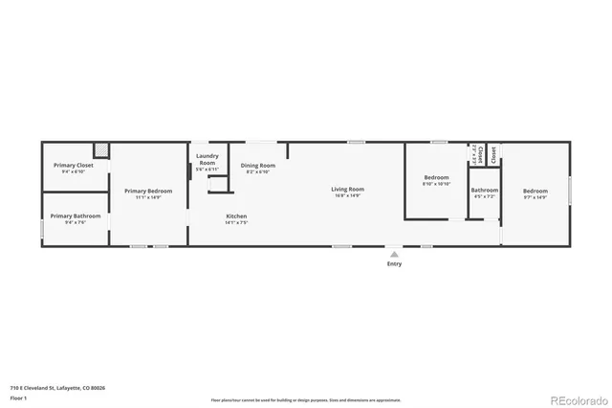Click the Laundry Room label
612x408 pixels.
tap(208, 159)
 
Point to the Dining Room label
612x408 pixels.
tap(257, 166)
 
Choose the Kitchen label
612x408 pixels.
tap(236, 215)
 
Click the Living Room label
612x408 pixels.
tap(347, 189)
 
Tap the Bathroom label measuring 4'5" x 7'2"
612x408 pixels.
tap(484, 190)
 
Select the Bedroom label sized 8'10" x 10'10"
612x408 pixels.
tap(436, 177)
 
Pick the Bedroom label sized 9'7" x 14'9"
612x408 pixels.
tap(535, 191)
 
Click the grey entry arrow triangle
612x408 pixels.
tap(394, 255)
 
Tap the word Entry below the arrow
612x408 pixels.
tap(394, 264)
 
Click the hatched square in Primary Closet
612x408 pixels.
tap(100, 150)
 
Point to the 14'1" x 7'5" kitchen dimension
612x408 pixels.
tap(236, 222)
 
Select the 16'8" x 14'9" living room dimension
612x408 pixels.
tap(347, 195)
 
